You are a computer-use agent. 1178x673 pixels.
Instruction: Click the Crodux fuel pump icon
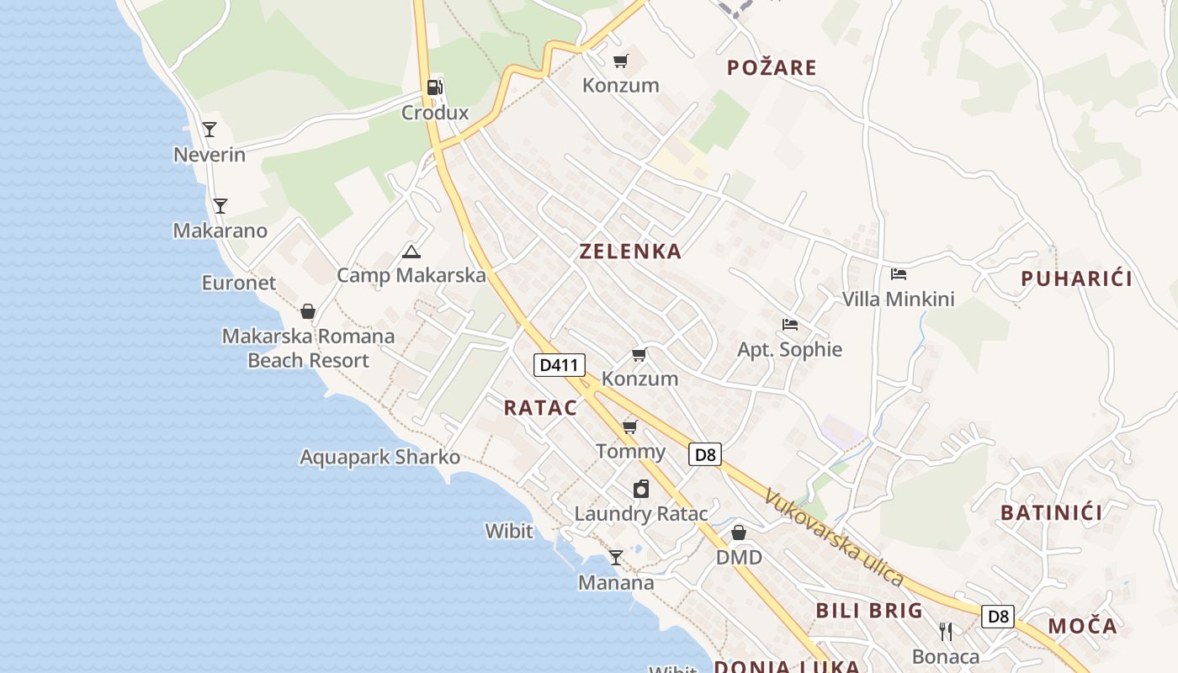[435, 87]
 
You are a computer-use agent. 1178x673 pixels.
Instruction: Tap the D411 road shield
[560, 364]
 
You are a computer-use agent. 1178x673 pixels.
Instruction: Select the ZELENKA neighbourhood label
[630, 251]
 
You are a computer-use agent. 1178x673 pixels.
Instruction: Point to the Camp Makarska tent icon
[411, 252]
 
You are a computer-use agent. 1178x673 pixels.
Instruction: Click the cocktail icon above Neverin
[210, 130]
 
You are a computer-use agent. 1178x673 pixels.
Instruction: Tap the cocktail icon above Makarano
[220, 205]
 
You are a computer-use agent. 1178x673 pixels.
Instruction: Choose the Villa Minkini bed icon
[899, 274]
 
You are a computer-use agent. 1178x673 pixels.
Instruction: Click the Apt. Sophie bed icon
[789, 325]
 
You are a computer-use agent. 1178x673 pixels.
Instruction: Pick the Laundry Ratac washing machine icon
[641, 489]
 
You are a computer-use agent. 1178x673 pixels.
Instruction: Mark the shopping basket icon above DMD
[739, 533]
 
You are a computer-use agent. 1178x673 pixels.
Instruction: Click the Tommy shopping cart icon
[630, 427]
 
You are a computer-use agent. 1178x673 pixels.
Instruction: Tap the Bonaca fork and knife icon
[946, 632]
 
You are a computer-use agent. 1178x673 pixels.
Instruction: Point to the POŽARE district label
[772, 67]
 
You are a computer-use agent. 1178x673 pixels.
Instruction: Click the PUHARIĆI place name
[1076, 278]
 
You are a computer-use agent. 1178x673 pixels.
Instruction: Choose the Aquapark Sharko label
[379, 457]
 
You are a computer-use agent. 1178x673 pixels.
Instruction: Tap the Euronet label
[238, 283]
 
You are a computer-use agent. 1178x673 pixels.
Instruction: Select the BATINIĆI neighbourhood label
[1051, 512]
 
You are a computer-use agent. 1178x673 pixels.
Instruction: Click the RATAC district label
[540, 408]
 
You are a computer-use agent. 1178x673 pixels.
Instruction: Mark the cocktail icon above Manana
[616, 557]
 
